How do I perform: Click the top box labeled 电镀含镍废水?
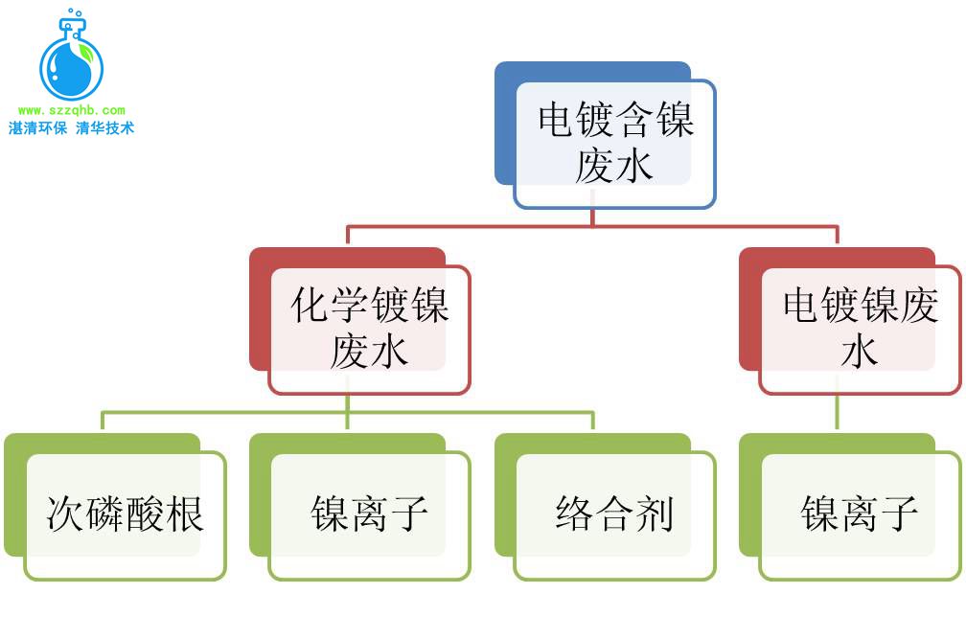(x=614, y=143)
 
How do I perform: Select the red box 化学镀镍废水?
(x=369, y=329)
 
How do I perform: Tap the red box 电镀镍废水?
(x=860, y=329)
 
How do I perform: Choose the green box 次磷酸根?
(x=125, y=514)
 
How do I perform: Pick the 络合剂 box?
(x=614, y=514)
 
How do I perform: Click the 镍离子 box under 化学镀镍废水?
(x=369, y=514)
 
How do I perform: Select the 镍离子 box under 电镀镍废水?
(x=860, y=514)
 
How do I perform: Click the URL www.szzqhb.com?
(x=71, y=111)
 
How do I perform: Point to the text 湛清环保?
(x=38, y=128)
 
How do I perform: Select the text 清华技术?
(x=104, y=128)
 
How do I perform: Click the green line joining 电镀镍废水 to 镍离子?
(x=837, y=412)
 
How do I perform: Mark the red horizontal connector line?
(x=591, y=227)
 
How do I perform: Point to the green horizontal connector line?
(x=347, y=413)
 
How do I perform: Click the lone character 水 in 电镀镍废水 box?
(x=860, y=352)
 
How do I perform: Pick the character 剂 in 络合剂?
(x=655, y=514)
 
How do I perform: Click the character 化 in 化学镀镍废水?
(x=310, y=308)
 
